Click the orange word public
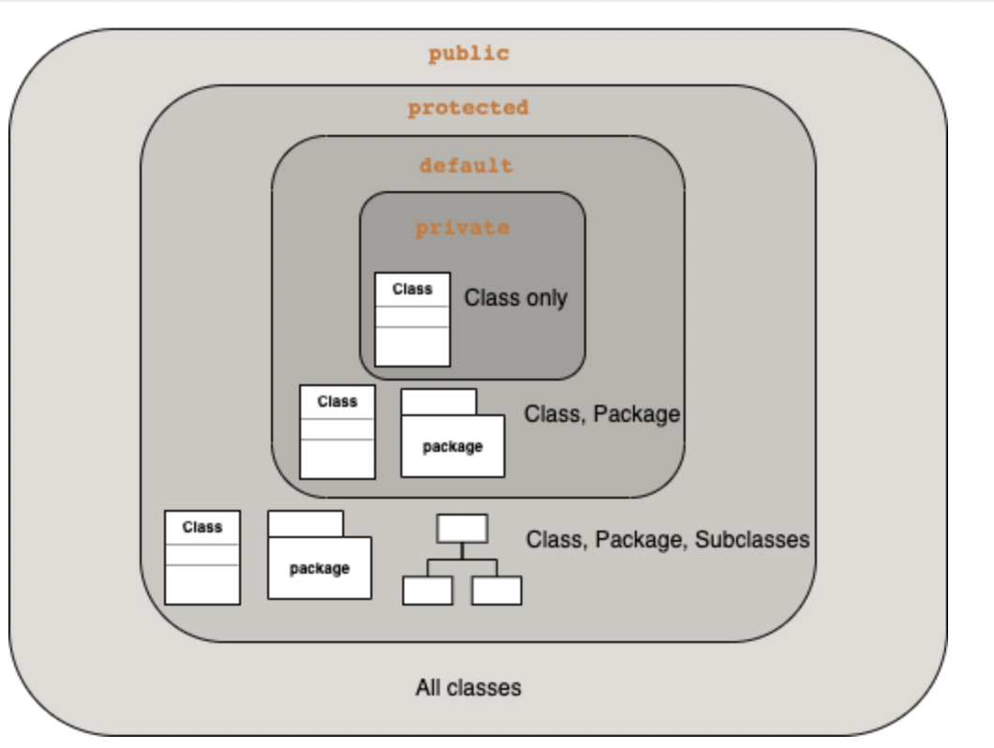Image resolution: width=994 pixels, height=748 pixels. click(468, 53)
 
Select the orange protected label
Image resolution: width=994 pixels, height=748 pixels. click(468, 108)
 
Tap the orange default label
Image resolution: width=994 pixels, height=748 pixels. click(466, 166)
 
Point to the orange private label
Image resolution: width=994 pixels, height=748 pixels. click(462, 228)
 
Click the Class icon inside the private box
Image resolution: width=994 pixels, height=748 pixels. click(413, 319)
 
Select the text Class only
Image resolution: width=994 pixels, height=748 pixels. click(516, 298)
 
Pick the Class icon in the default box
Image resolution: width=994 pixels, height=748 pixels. click(338, 431)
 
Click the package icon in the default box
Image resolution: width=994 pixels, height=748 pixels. click(453, 444)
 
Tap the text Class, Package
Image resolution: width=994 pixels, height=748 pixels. click(602, 413)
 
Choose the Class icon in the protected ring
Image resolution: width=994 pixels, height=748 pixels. click(203, 557)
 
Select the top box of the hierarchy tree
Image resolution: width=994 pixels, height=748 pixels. click(462, 529)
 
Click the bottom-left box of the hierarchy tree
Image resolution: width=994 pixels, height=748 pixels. click(428, 591)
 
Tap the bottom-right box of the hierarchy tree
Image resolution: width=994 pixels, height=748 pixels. click(497, 591)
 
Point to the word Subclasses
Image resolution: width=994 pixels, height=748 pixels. click(752, 540)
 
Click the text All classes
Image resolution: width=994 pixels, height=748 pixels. click(468, 688)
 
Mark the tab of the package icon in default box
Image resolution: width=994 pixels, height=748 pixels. click(439, 402)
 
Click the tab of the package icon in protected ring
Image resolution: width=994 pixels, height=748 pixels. click(306, 524)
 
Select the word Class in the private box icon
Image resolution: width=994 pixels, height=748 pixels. click(413, 289)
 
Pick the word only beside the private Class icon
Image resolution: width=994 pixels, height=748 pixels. click(547, 298)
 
